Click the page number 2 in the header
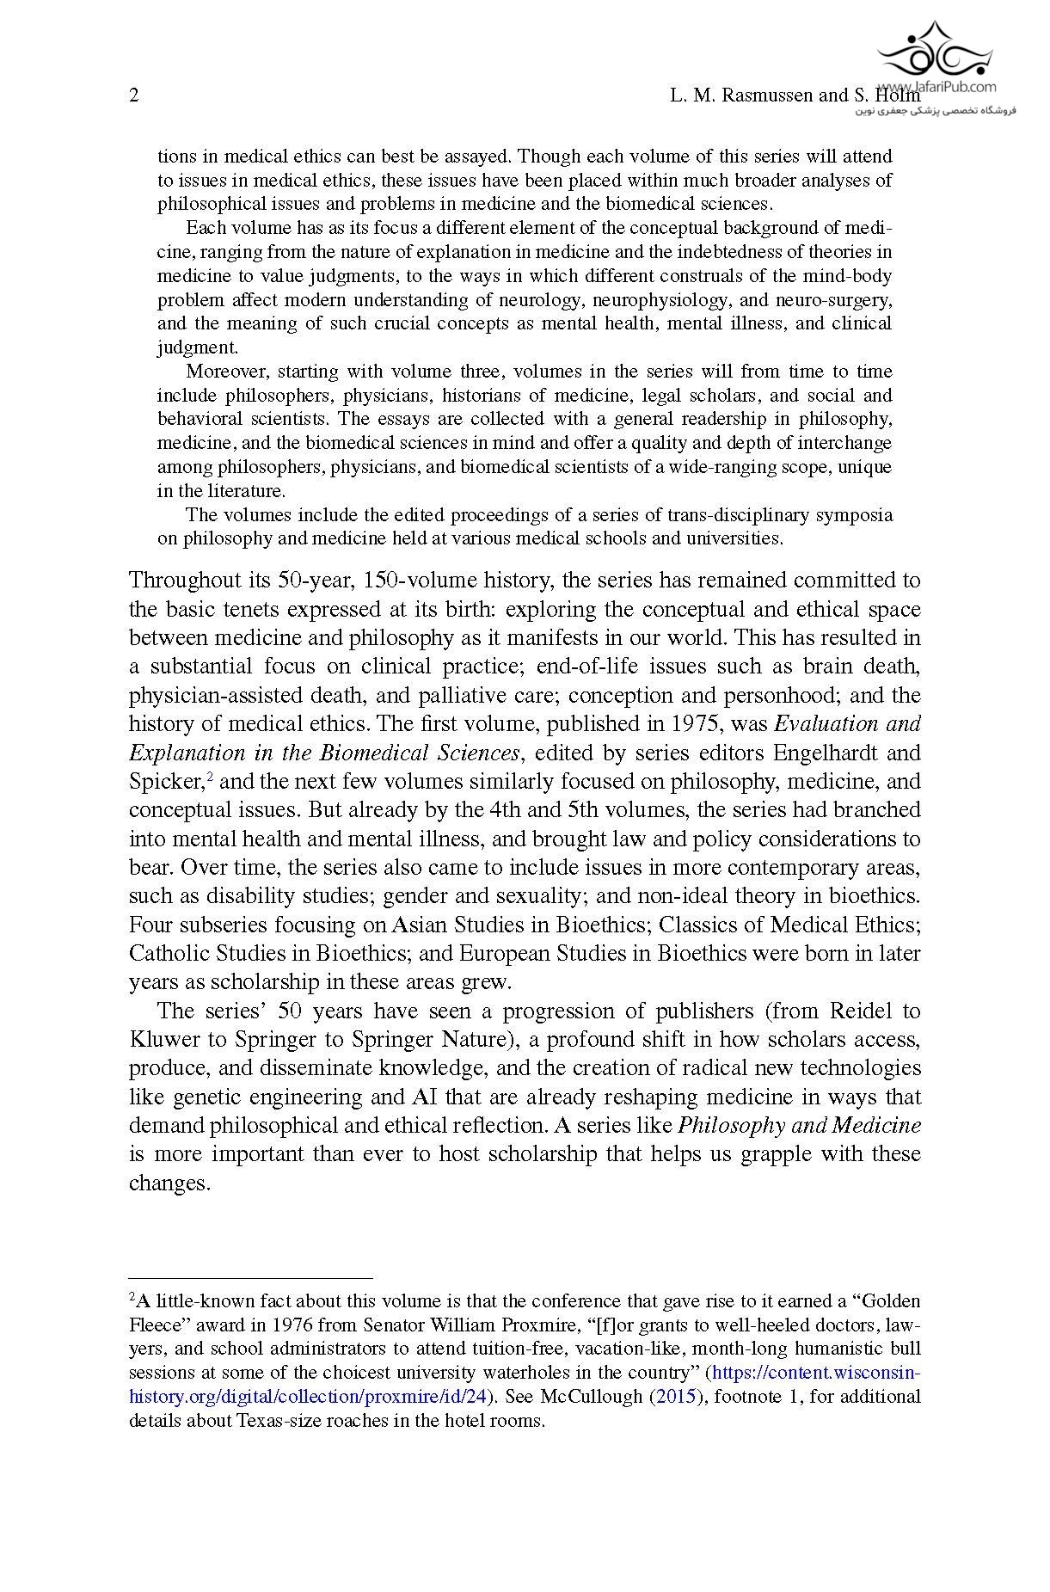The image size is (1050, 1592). click(x=133, y=95)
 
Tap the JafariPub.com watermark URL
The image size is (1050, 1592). click(x=949, y=87)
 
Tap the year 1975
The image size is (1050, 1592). click(x=703, y=724)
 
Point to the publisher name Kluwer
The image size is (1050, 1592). click(x=164, y=1039)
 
